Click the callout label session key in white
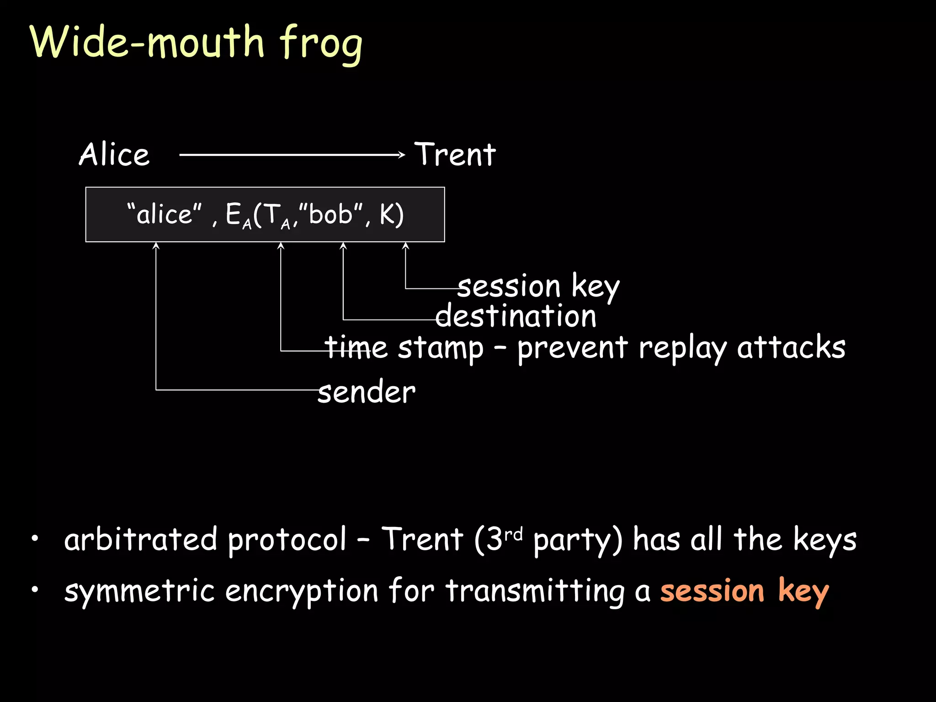point(538,287)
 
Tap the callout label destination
point(516,316)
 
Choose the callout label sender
point(367,392)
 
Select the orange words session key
point(745,591)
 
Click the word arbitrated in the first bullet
point(141,539)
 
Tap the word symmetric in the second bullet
point(139,591)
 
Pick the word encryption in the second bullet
point(302,591)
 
